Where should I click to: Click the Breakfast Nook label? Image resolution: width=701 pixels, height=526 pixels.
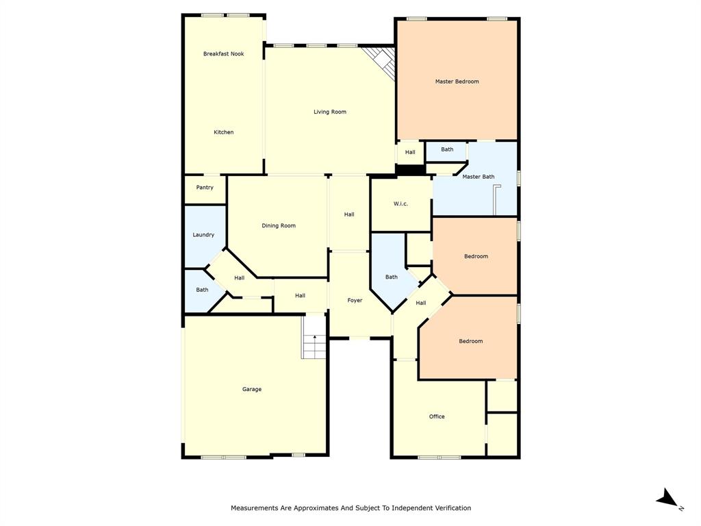pos(223,54)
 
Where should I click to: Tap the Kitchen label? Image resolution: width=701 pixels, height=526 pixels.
pos(223,132)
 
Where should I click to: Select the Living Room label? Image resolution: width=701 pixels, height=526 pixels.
pos(330,112)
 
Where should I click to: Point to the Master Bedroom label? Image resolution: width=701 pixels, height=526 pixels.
pos(457,82)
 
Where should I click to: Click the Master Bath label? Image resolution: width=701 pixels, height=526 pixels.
pos(478,177)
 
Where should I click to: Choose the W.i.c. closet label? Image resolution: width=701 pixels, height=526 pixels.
pos(400,204)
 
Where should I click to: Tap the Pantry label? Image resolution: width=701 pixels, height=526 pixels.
pos(205,188)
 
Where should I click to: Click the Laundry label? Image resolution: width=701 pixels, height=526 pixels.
pos(203,235)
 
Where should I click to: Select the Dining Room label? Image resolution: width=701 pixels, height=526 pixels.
pos(279,225)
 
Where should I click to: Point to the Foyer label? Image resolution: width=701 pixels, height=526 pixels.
pos(355,301)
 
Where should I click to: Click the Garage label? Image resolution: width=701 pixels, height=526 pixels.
pos(251,389)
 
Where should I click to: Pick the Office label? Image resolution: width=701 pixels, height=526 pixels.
pos(437,416)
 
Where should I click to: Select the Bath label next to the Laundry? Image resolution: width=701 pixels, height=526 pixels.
pos(202,290)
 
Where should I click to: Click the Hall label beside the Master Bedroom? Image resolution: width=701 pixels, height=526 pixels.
pos(410,153)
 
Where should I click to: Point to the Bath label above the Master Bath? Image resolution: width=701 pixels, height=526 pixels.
pos(447,149)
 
